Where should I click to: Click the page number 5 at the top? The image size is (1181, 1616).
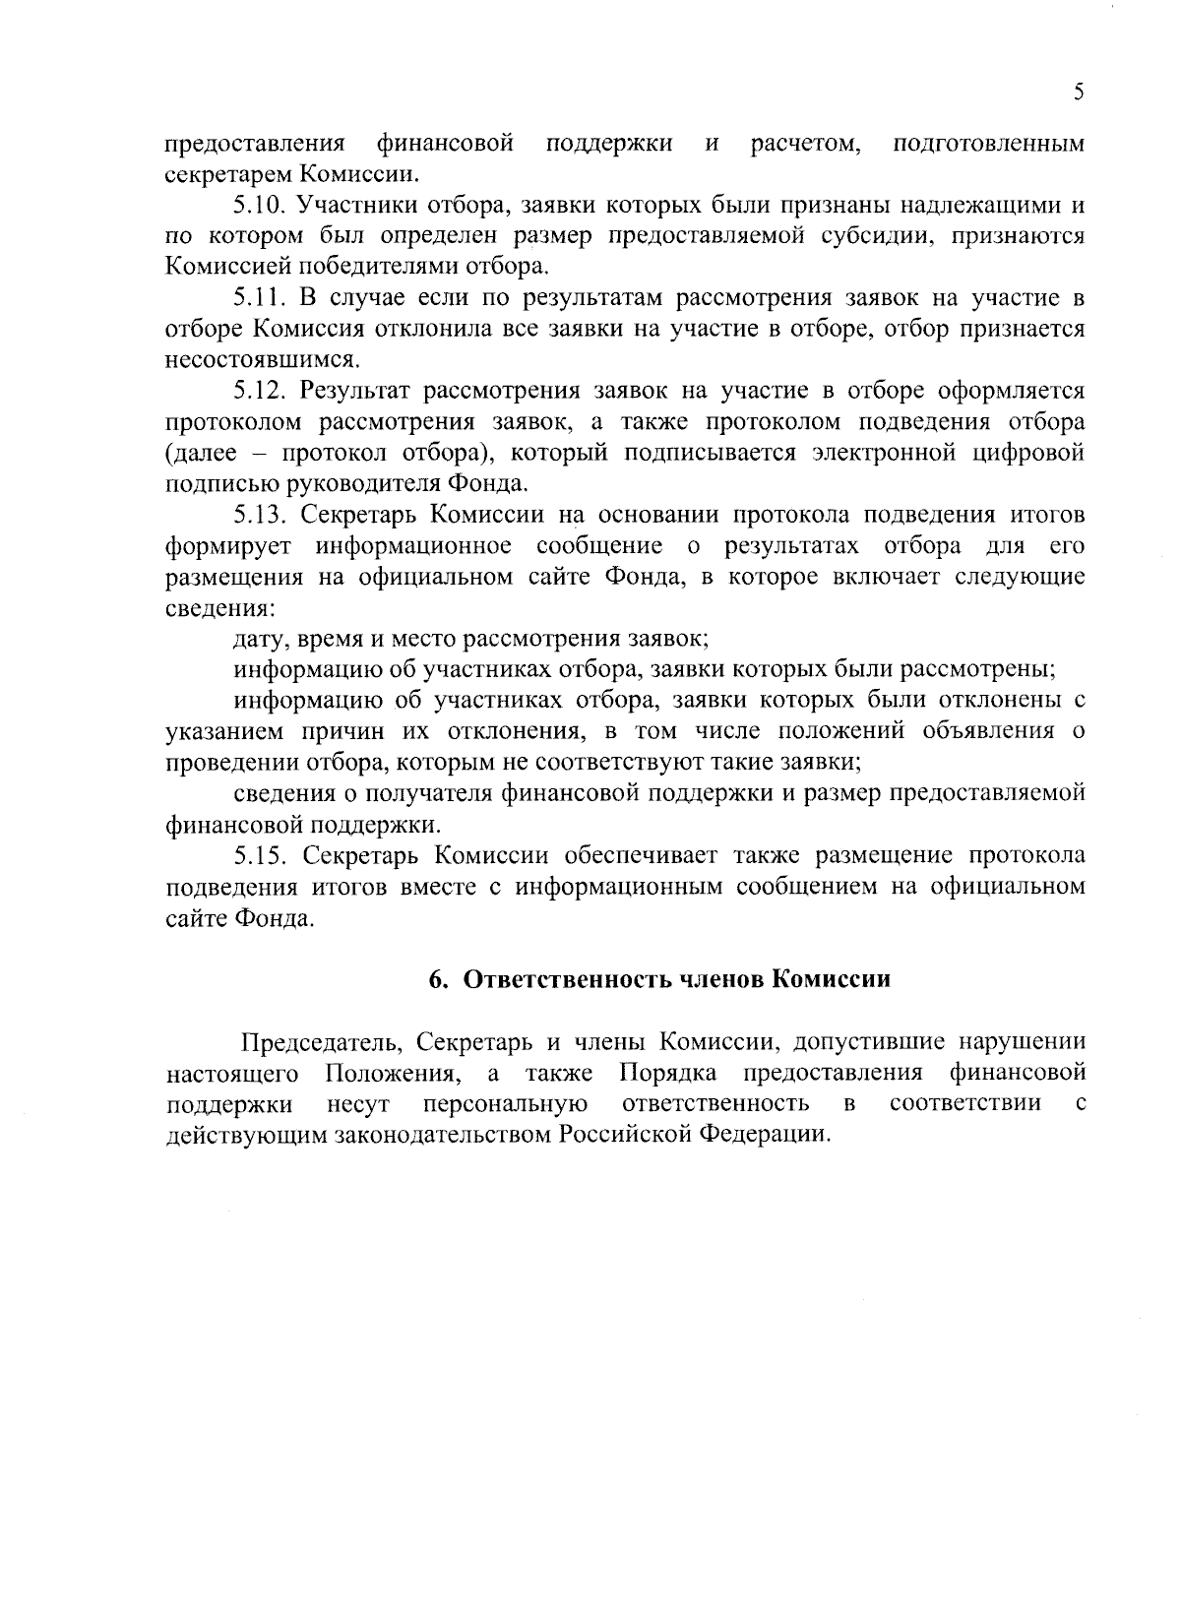[x=1079, y=93]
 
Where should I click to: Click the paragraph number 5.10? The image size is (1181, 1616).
[x=259, y=206]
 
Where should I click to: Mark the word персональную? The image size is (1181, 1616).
[x=506, y=1104]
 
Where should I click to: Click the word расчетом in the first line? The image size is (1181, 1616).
[x=806, y=145]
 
